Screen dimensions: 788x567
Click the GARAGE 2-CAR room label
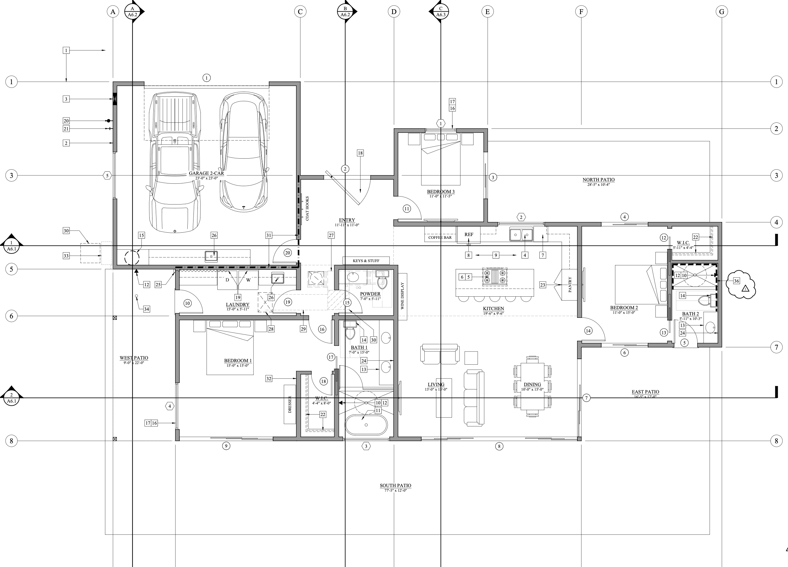[206, 173]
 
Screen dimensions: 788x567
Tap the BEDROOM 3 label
[441, 192]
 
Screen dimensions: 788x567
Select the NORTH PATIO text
[598, 180]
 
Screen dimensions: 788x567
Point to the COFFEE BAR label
[440, 238]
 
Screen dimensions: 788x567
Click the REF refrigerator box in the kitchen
[468, 235]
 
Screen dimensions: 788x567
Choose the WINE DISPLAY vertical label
[402, 296]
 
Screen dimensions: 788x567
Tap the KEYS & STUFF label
[366, 261]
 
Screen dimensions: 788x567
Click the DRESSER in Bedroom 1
[290, 404]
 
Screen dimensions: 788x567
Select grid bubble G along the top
[722, 11]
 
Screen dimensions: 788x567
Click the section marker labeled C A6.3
[441, 11]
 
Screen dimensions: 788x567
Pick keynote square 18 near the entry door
[360, 153]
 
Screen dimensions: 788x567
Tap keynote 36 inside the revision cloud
[736, 281]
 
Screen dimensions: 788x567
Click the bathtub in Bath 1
[366, 425]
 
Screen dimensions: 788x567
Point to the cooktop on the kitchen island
[495, 277]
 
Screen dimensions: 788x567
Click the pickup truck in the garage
[175, 163]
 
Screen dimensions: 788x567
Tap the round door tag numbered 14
[588, 331]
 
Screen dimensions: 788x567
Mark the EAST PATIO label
[645, 392]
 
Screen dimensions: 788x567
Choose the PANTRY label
[570, 284]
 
